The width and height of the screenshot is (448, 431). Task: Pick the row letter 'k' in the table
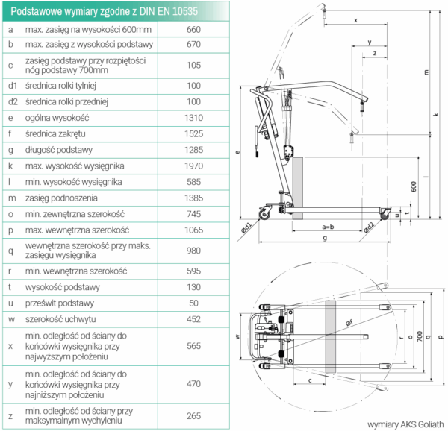click(x=10, y=165)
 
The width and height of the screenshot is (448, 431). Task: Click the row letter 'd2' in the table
click(x=12, y=101)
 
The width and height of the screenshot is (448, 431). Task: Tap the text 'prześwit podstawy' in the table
click(x=60, y=303)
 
